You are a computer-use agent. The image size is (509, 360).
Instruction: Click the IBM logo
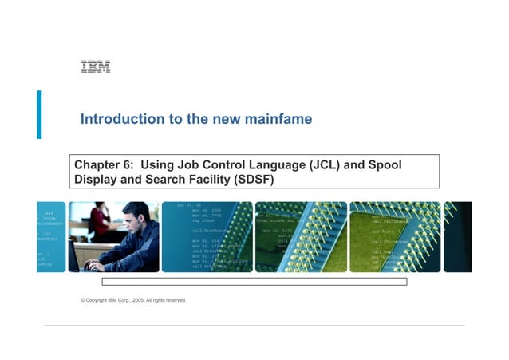pos(95,67)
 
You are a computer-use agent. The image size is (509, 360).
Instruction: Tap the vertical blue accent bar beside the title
pos(39,114)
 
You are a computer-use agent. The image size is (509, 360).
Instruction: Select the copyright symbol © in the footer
pos(83,300)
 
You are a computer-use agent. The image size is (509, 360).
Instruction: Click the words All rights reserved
pos(168,300)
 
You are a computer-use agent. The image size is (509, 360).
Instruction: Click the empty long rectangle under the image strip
pos(254,282)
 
